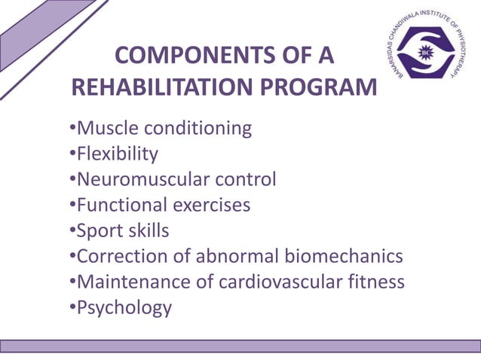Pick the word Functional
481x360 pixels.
click(x=121, y=205)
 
